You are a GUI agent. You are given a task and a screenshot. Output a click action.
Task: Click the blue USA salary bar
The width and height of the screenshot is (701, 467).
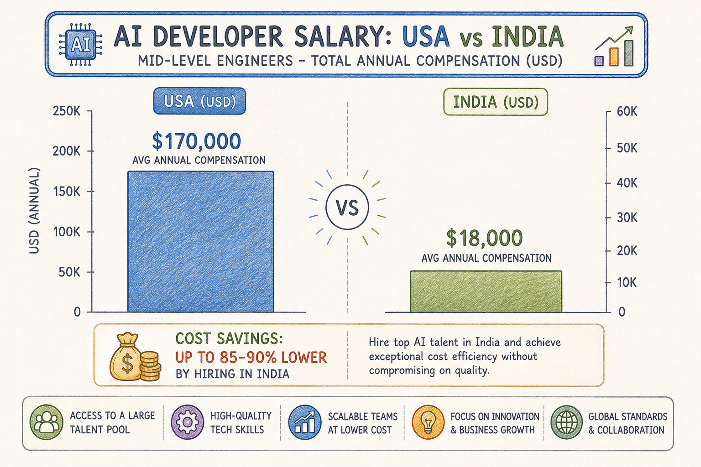pos(201,241)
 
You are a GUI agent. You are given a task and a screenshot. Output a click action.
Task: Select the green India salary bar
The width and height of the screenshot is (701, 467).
pos(486,291)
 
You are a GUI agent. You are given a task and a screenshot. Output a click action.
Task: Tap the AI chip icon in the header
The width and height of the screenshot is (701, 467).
pos(81,44)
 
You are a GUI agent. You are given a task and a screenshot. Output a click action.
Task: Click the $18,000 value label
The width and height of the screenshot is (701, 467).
pos(484,238)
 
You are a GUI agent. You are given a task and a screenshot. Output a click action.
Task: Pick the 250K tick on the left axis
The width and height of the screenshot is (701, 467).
pos(67,111)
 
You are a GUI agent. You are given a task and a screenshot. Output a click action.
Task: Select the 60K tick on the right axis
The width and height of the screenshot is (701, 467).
pos(627,111)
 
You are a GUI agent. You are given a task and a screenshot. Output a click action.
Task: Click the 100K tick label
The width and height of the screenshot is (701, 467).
pos(67,232)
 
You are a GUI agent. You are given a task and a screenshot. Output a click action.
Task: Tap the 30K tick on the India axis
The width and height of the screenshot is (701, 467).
pos(627,218)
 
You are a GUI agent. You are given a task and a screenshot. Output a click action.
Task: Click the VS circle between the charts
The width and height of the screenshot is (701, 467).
pos(347,207)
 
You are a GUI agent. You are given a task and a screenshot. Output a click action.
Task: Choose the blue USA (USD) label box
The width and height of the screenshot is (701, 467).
pos(199,101)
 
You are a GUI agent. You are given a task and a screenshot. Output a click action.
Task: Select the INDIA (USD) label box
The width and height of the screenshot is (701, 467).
pos(496,102)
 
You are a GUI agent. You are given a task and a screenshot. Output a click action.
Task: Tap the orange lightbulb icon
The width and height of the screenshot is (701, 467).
pos(428,422)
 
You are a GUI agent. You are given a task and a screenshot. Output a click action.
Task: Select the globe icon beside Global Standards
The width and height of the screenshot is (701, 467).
pos(566,422)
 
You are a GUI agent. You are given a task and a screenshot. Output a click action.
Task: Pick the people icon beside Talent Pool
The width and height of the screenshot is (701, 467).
pos(46,422)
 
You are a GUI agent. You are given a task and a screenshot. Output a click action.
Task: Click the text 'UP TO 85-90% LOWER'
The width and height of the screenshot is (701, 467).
pos(251,357)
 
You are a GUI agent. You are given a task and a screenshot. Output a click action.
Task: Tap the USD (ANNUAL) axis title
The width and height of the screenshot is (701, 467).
pos(34,211)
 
